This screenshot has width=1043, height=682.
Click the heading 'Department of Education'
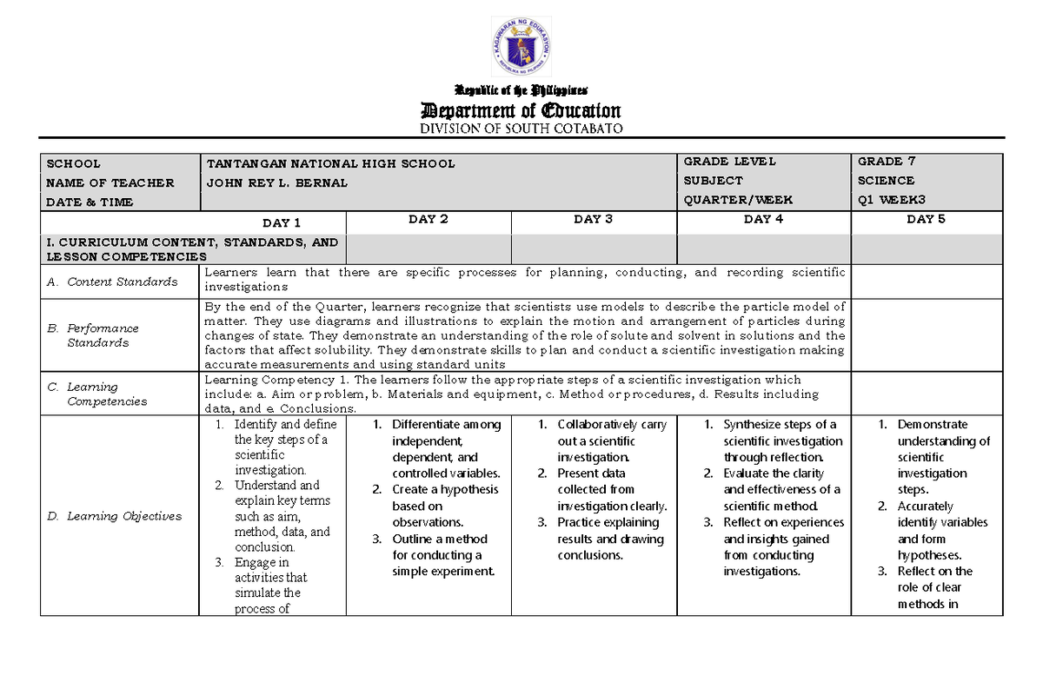[521, 110]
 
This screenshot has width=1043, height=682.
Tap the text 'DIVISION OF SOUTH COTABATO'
[521, 129]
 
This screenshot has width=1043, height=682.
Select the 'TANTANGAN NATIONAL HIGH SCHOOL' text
[330, 163]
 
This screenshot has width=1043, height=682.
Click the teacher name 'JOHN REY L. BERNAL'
[276, 182]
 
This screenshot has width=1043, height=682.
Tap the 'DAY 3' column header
[594, 219]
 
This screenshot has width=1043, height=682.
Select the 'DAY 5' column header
[926, 219]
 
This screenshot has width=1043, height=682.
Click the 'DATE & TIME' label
[90, 202]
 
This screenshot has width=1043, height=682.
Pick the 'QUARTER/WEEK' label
[738, 200]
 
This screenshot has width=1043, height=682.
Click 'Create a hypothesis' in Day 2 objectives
[445, 489]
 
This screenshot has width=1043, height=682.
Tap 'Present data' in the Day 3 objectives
[591, 473]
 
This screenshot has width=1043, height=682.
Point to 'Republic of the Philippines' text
[521, 90]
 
